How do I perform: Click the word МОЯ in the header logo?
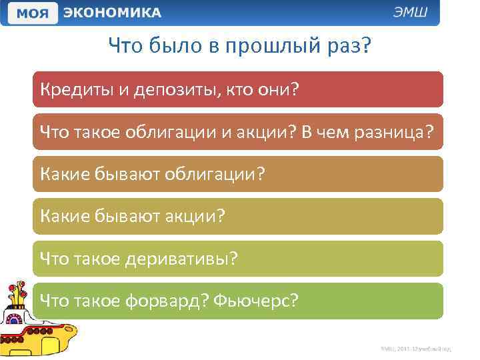click(x=32, y=13)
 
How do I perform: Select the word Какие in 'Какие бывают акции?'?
click(x=63, y=216)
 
